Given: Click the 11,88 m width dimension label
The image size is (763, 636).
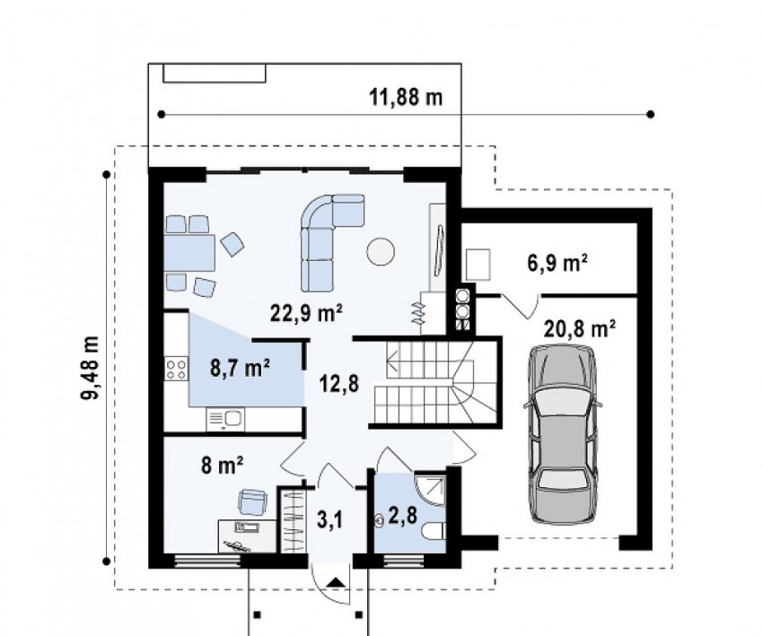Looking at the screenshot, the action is [406, 97].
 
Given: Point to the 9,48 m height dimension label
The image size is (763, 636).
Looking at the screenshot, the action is [90, 368].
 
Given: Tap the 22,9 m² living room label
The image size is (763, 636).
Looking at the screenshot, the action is [306, 314].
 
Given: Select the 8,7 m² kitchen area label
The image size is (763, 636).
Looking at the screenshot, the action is [240, 368].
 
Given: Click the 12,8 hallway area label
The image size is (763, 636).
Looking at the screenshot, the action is [339, 384].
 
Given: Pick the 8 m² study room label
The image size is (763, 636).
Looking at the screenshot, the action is [222, 466].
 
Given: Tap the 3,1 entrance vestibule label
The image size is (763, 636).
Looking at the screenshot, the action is [330, 520].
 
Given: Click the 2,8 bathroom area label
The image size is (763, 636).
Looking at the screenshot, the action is [402, 516].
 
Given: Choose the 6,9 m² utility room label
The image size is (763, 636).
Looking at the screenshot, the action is [557, 263].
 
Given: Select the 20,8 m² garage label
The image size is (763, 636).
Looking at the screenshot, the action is [580, 329].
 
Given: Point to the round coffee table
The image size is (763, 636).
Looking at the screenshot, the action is [381, 251].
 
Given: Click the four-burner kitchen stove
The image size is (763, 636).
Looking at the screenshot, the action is [176, 369].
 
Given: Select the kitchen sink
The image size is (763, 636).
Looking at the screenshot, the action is [226, 419].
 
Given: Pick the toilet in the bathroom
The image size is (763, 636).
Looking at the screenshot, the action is [434, 531].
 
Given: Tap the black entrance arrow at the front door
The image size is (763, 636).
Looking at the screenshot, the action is [337, 582].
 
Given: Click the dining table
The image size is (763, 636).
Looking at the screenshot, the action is [189, 253].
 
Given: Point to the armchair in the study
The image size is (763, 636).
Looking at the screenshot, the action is [252, 501].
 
